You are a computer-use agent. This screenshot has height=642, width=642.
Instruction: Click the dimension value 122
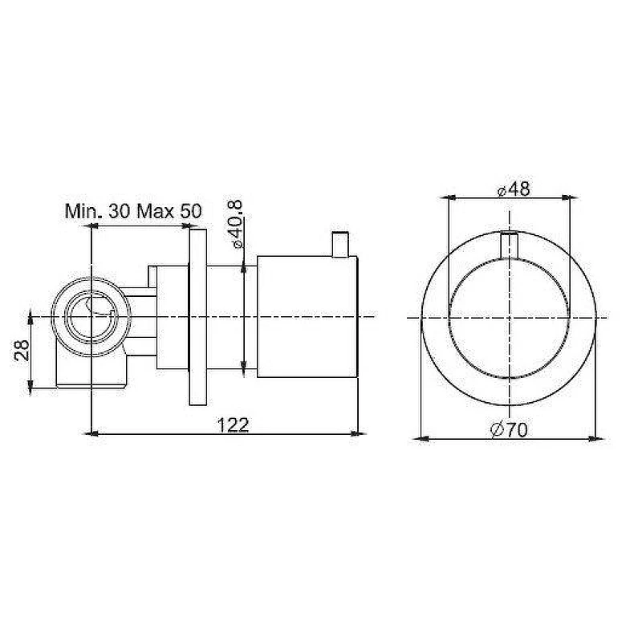point(233,425)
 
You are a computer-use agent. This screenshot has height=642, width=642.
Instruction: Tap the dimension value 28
point(22,350)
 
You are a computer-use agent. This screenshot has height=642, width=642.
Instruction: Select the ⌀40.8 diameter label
point(237,225)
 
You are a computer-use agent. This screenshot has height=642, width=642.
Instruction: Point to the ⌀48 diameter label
point(514,189)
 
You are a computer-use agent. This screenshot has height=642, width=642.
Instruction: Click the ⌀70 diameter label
point(509,429)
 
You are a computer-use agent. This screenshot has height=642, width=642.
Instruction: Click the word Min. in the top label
point(84,211)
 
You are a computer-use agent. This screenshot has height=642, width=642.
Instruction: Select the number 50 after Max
point(191,211)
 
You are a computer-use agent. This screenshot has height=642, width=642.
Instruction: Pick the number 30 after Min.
point(119,211)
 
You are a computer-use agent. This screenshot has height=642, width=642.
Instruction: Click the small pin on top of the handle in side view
point(340,245)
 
